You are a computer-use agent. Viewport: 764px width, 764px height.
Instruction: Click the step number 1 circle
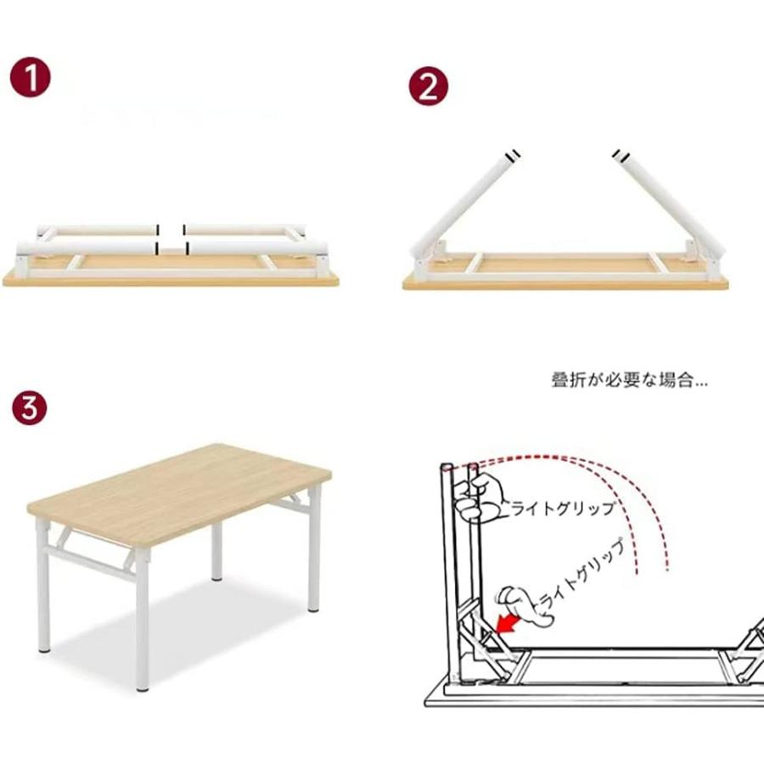pos(31,77)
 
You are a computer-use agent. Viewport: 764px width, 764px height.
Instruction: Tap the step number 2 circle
pos(429,87)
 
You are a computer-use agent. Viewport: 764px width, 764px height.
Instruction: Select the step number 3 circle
pos(30,407)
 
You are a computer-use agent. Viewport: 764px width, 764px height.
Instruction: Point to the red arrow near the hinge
pos(508,624)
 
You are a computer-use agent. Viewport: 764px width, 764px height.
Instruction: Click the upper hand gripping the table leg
pos(477,497)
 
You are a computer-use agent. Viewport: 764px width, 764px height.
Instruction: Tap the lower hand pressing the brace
pos(524,605)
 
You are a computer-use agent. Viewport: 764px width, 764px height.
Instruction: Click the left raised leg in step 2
pos(463,205)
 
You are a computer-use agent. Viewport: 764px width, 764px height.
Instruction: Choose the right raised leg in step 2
pos(667,204)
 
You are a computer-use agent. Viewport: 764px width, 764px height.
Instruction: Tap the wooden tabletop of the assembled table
pos(179,492)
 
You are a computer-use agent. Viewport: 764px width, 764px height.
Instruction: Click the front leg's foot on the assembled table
pos(143,688)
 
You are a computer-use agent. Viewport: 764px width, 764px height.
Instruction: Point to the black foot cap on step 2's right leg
pos(620,154)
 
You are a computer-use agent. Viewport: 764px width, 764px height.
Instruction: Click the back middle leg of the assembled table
pos(216,551)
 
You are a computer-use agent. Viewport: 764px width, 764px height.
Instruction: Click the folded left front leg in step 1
pos(87,248)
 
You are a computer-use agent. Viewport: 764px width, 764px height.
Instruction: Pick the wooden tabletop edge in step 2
pos(565,284)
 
